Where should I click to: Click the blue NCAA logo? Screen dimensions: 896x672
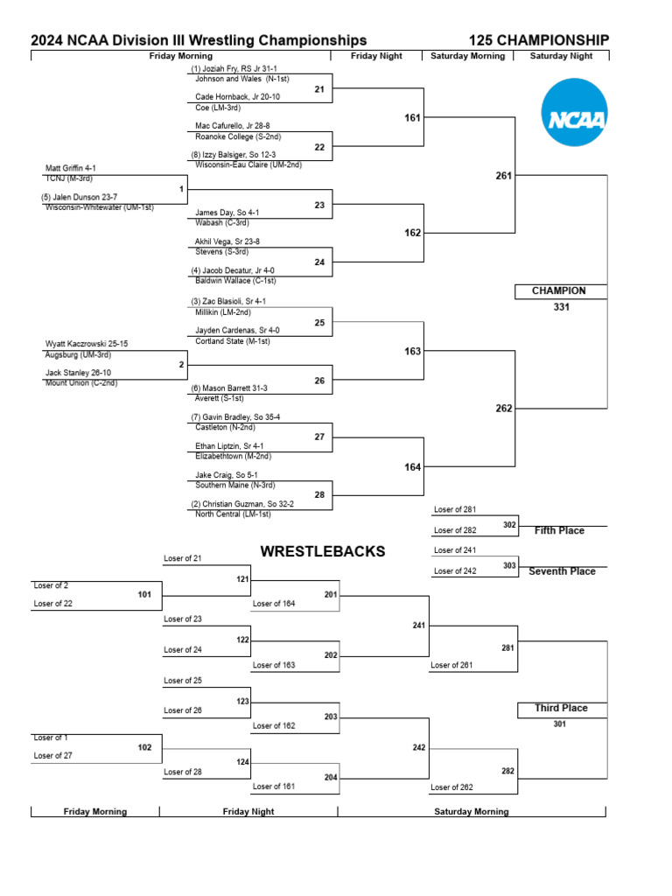coord(574,112)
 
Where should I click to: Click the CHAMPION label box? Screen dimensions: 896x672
coord(559,290)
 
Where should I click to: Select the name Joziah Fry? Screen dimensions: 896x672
coord(220,68)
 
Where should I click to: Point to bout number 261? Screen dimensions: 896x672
coord(503,176)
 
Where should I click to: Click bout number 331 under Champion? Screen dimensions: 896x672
coord(561,307)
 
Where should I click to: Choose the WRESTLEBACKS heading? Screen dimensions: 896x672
coord(323,551)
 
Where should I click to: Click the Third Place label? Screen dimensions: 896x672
coord(561,708)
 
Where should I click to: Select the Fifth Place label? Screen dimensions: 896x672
coord(559,530)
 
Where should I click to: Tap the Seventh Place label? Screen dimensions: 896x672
coord(562,571)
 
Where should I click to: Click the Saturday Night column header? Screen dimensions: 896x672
coord(561,56)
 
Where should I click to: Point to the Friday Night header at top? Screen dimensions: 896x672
coord(376,56)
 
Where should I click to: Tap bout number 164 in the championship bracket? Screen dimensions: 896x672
coord(412,467)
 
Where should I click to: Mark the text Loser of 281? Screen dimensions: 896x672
coord(454,509)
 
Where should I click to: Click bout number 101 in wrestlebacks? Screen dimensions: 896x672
coord(144,595)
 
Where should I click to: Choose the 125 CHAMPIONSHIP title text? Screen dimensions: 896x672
coord(539,40)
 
